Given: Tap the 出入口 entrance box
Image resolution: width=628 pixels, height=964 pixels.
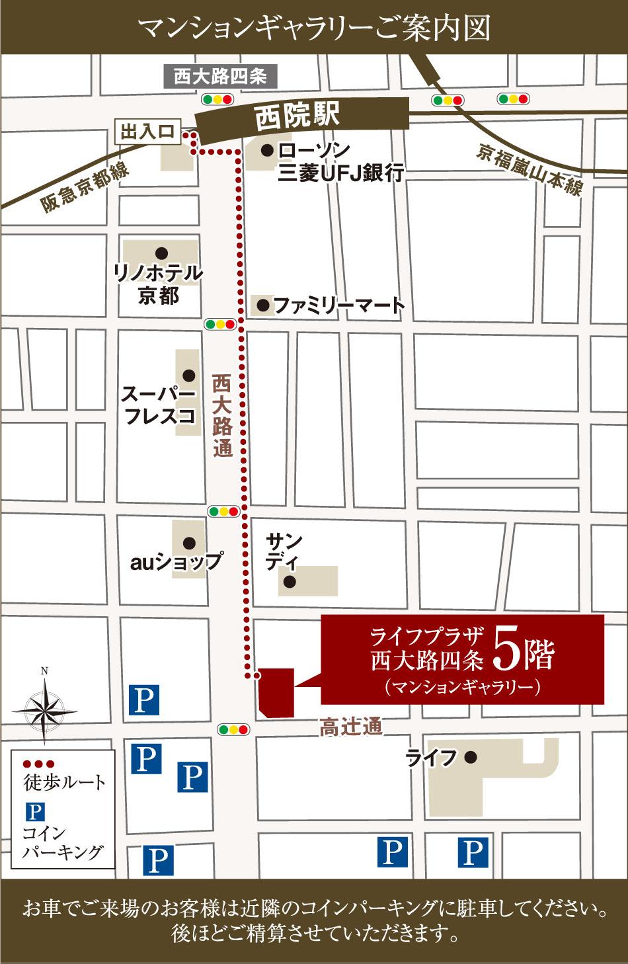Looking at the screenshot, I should (147, 132).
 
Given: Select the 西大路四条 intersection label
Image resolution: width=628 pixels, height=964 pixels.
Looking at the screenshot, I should (220, 77).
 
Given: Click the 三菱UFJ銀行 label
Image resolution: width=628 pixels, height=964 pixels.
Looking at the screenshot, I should (341, 173).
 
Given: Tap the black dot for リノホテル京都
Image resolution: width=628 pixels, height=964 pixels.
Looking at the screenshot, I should (160, 252).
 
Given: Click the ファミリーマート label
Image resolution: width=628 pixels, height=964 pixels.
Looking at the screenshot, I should (338, 305).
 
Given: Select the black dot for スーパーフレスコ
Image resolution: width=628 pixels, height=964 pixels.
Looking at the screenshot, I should (189, 375).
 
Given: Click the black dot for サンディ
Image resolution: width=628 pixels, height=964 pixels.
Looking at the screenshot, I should (289, 582).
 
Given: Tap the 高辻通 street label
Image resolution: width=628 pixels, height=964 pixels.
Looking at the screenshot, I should (351, 727).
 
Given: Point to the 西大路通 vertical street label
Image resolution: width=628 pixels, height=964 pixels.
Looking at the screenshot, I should (223, 417).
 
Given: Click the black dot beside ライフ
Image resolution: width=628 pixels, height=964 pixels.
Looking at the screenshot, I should (470, 757).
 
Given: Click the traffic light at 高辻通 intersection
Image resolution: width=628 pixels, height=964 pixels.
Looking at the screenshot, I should (233, 729).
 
